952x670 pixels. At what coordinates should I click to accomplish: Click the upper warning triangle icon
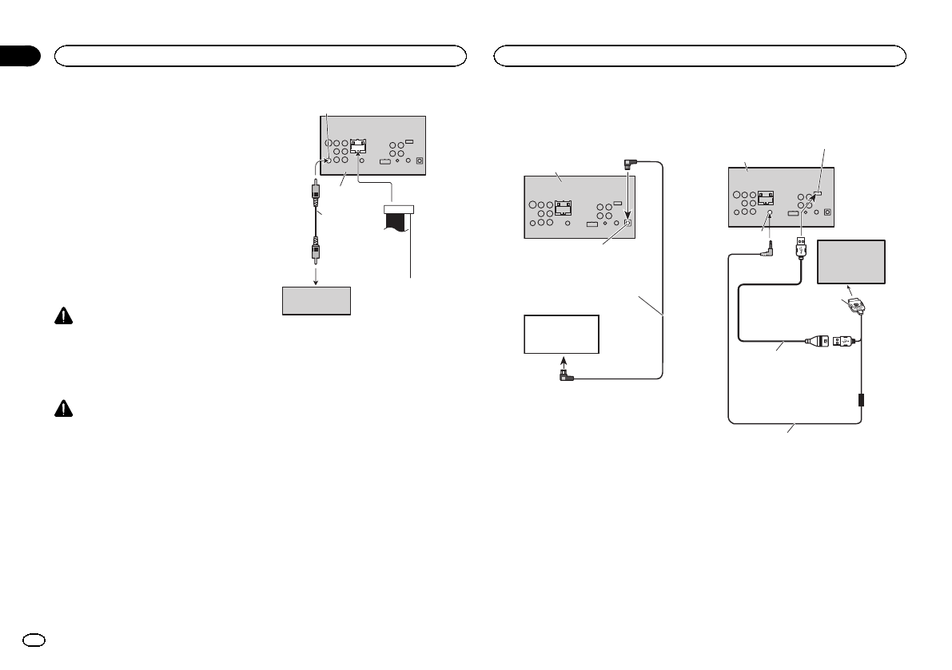[62, 317]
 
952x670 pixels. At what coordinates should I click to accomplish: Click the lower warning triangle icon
[62, 408]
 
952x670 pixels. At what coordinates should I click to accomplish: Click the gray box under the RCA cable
[317, 300]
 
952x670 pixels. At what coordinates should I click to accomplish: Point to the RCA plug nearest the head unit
[317, 193]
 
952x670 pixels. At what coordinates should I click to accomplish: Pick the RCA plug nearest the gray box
[317, 252]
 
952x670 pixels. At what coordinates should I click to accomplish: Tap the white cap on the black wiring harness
[400, 209]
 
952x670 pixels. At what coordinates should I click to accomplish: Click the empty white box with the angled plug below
[561, 334]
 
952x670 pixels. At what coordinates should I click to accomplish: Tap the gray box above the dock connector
[851, 261]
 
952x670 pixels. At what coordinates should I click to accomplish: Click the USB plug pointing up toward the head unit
[801, 248]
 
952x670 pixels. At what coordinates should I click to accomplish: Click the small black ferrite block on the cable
[861, 398]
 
